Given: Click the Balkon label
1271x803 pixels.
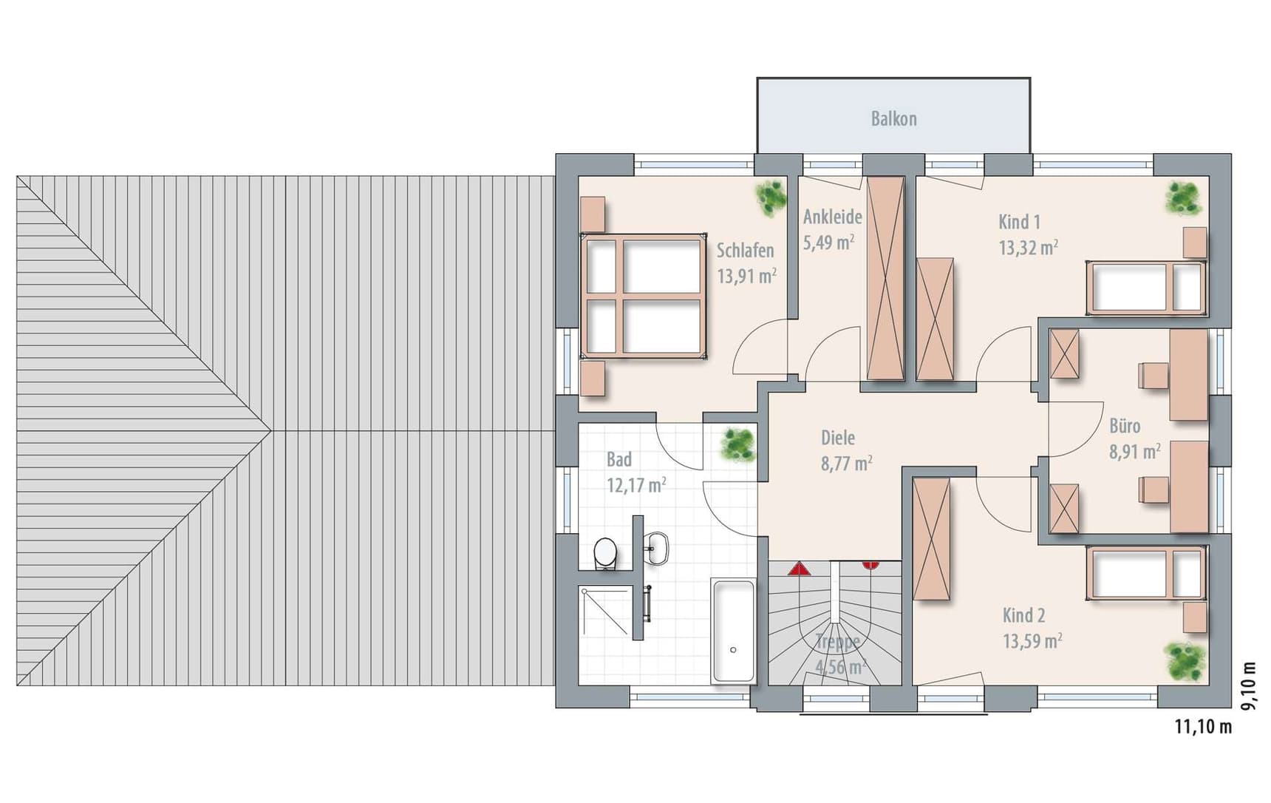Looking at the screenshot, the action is tap(893, 119).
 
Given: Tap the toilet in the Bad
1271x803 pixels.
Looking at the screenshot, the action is tap(605, 553).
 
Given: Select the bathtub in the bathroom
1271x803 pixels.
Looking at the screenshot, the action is tap(733, 631).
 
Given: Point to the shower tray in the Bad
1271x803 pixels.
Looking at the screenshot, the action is tap(606, 611).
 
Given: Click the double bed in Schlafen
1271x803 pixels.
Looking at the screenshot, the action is tap(643, 296).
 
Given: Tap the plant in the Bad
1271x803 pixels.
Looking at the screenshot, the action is tap(738, 444).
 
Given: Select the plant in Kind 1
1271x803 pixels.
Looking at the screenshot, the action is tap(1185, 198).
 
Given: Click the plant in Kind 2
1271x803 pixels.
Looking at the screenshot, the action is tap(1185, 660).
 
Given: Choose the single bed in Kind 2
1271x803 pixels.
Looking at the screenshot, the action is tap(1145, 574).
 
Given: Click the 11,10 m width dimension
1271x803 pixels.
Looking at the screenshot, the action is tap(1203, 727).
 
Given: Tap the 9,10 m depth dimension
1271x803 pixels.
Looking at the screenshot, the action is tap(1248, 685).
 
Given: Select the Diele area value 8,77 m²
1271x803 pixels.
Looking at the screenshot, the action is tap(846, 464).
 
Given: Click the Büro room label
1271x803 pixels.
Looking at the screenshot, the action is tap(1125, 426).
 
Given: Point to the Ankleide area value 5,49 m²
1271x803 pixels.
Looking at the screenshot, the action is tap(829, 242).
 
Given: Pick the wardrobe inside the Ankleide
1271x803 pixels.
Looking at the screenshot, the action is tap(885, 279).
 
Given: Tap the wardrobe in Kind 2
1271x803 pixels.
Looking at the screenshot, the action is tap(931, 539).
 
